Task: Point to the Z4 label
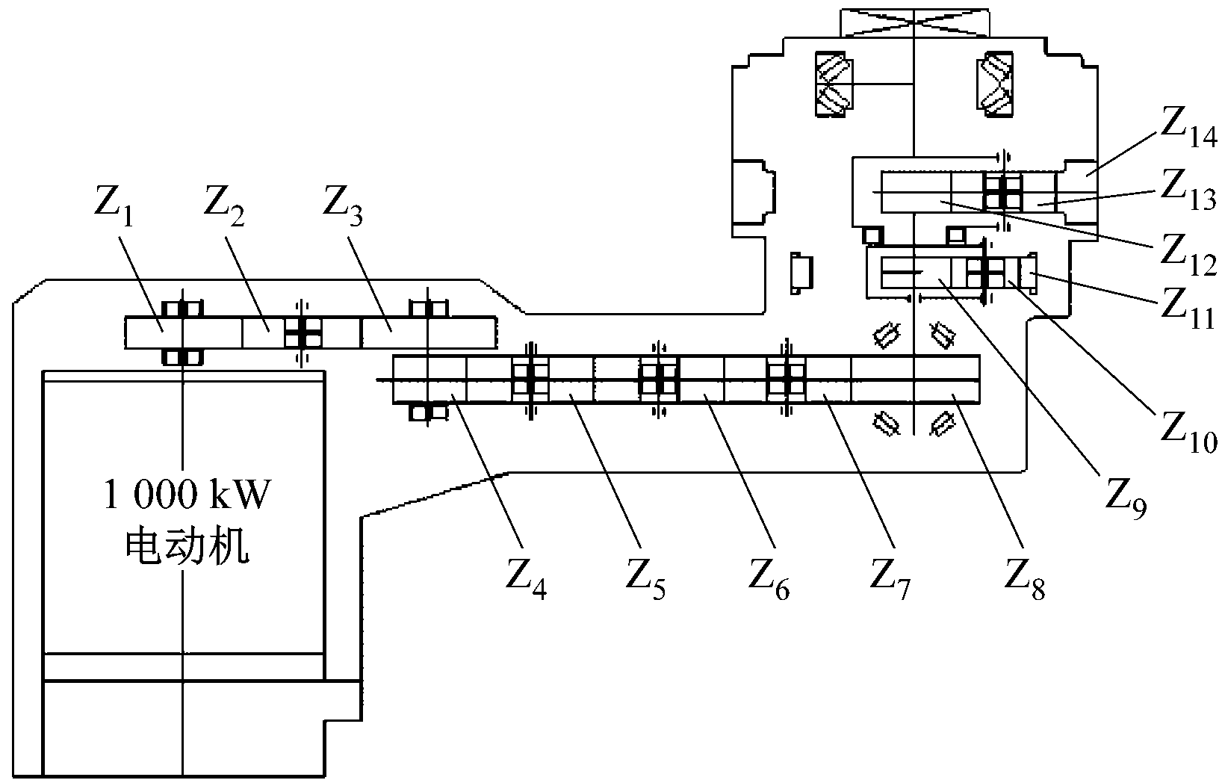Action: coord(527,581)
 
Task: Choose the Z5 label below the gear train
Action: coord(646,581)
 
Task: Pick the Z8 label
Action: coord(1025,581)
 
